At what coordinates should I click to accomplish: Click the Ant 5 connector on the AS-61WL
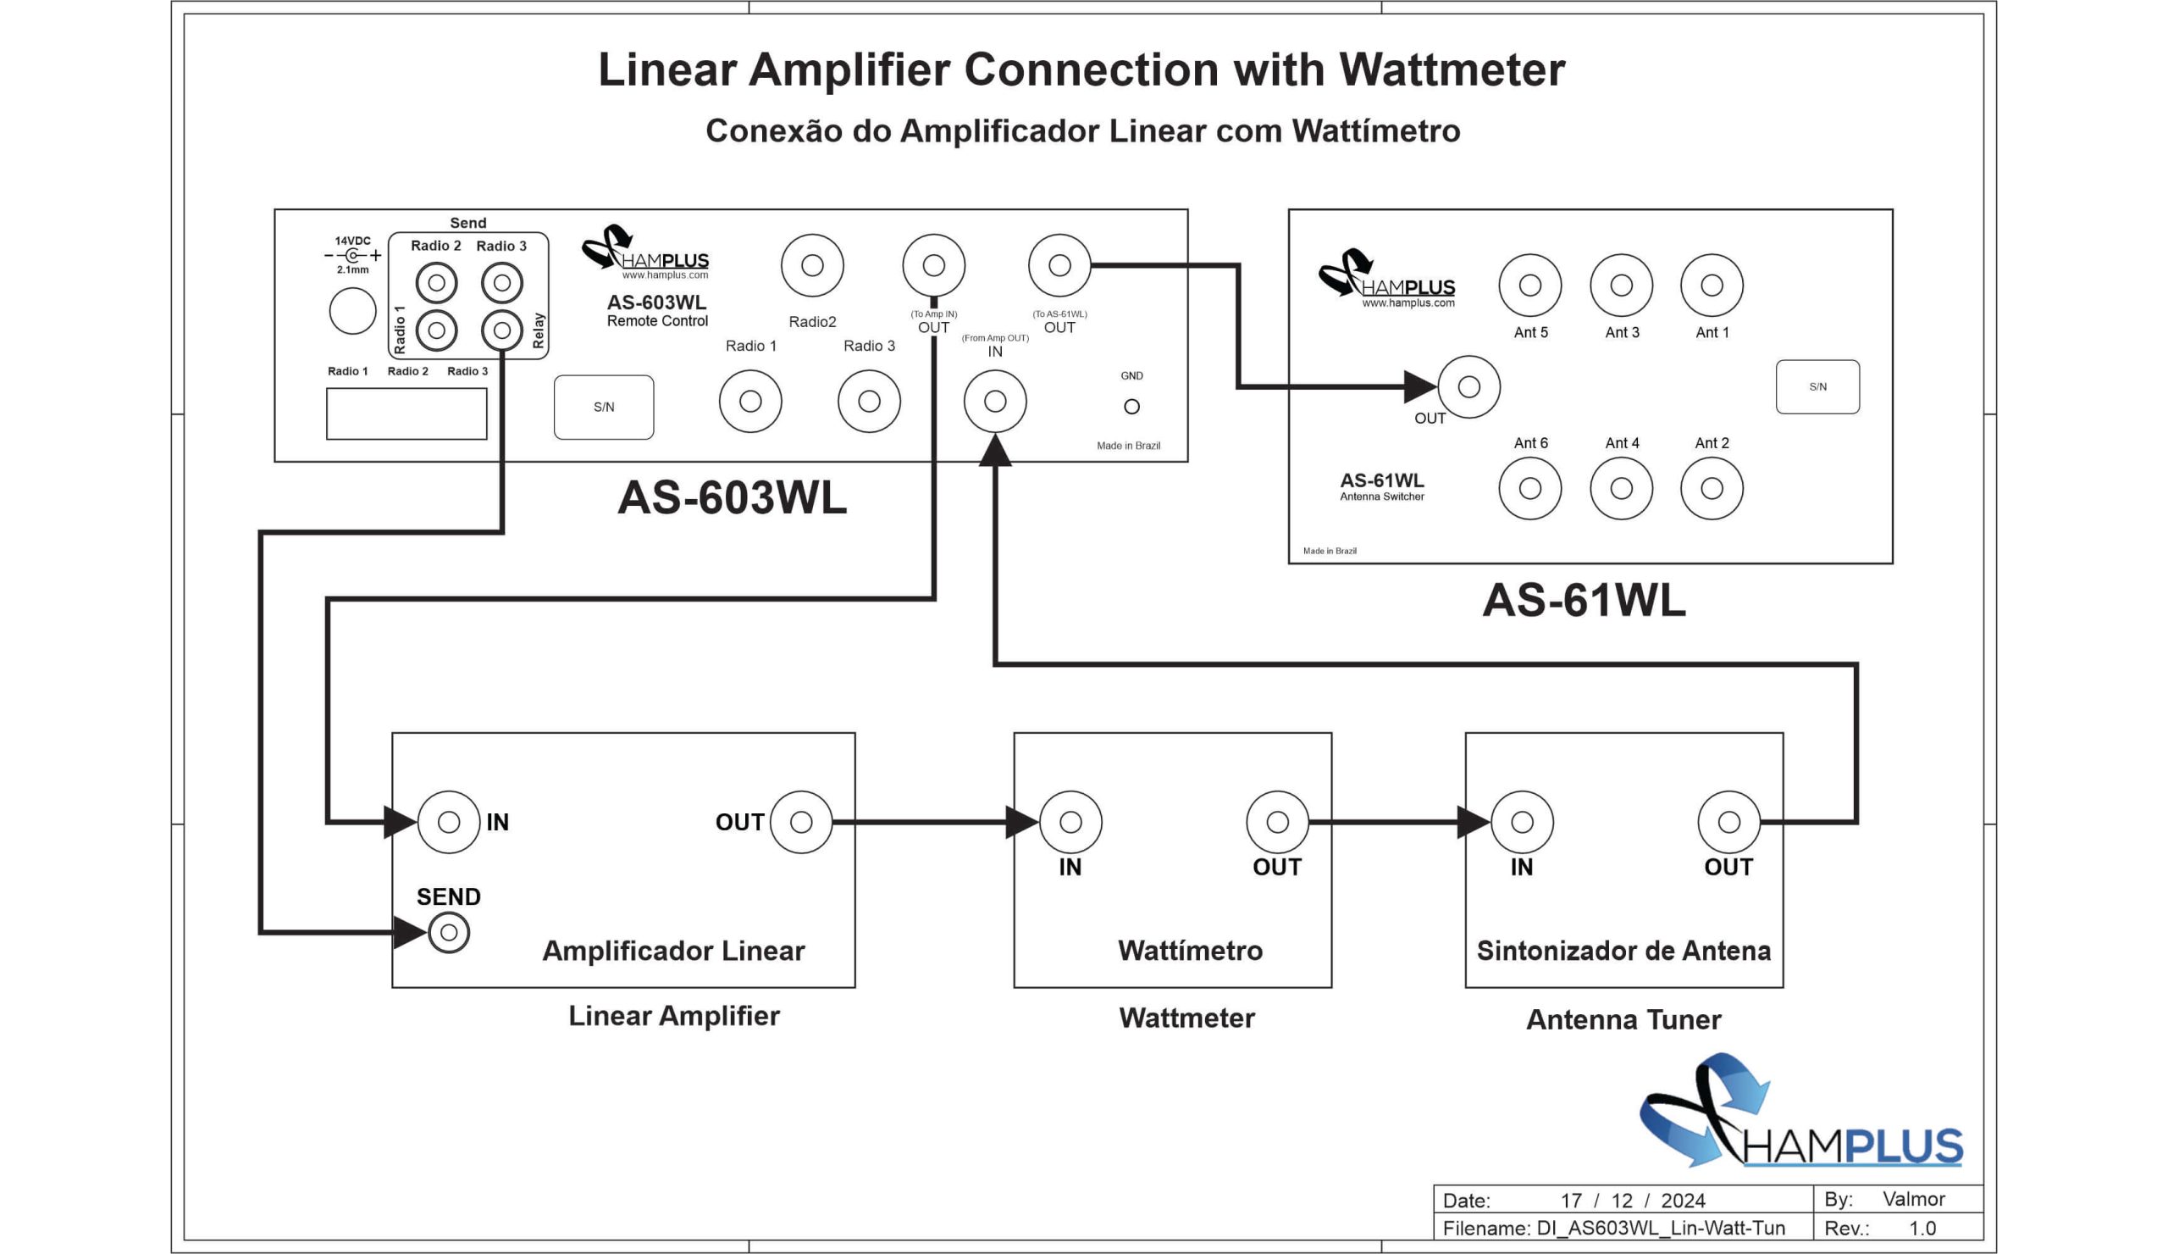click(1529, 285)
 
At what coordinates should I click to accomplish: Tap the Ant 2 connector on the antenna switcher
click(1712, 488)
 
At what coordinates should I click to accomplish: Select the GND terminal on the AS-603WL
click(1131, 406)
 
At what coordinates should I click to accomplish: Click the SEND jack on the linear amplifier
click(448, 932)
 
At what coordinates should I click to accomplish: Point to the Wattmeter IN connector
click(1070, 822)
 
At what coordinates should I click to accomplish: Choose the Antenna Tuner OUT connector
click(1728, 822)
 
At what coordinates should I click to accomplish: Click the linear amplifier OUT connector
click(801, 822)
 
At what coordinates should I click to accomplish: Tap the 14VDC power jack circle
click(353, 311)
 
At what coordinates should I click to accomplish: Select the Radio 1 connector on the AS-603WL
click(750, 401)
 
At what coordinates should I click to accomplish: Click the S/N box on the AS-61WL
click(1817, 386)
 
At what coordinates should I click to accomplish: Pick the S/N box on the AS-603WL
click(603, 407)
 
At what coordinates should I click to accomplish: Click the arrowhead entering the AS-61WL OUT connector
click(1419, 386)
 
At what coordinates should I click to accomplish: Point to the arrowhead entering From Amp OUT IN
click(994, 451)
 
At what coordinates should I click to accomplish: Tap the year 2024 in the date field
click(1683, 1201)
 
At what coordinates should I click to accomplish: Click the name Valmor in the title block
click(1912, 1199)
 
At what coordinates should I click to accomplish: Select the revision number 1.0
click(1922, 1229)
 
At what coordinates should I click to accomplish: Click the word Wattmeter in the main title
click(1452, 69)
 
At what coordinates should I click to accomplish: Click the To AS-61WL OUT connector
click(1059, 265)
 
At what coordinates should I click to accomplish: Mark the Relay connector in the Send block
click(501, 330)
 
